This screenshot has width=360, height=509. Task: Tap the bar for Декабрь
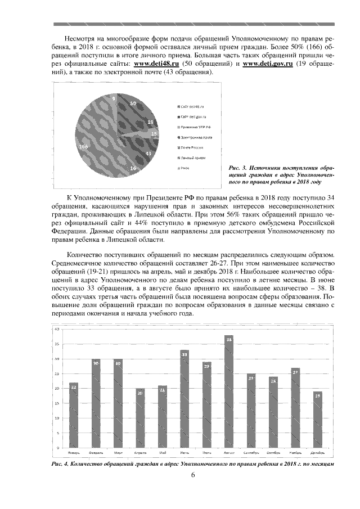click(x=317, y=419)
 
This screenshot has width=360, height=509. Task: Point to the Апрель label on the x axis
click(x=140, y=452)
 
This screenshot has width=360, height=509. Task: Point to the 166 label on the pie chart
click(x=84, y=146)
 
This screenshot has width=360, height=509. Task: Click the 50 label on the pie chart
click(x=133, y=103)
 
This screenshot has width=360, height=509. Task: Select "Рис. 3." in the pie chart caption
click(x=236, y=168)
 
